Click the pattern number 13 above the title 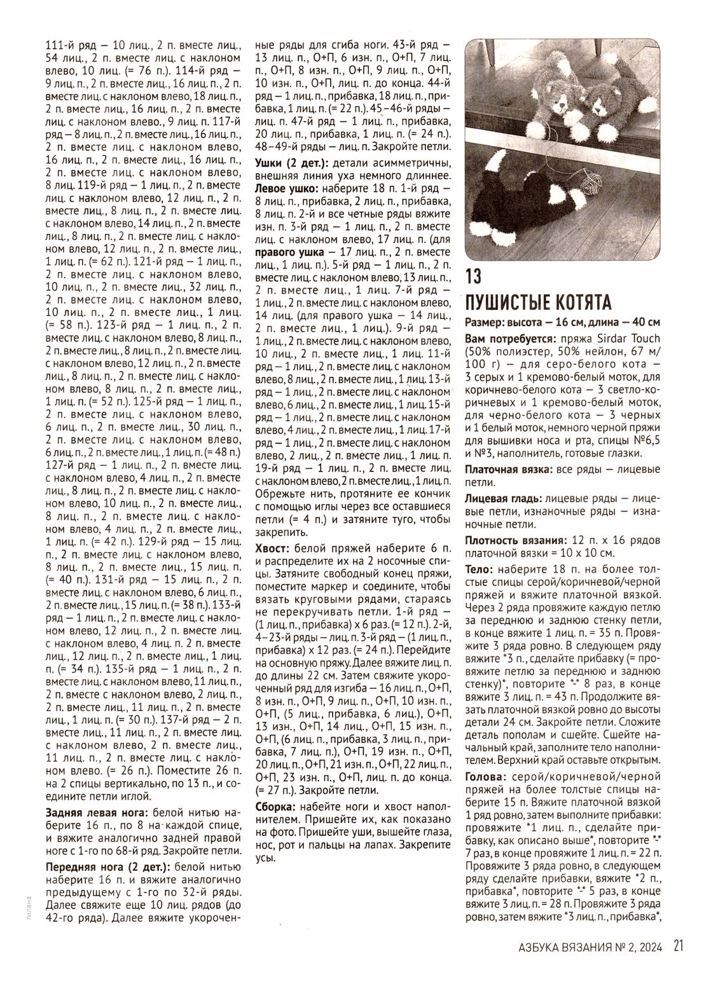[x=474, y=277]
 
